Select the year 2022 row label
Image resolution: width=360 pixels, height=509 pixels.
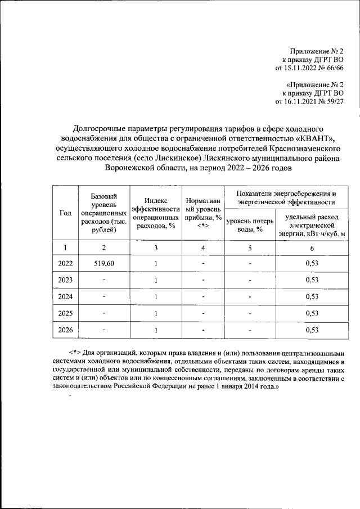click(65, 263)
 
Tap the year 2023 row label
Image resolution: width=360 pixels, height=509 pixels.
click(65, 280)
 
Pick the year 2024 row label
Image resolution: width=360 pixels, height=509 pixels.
click(65, 296)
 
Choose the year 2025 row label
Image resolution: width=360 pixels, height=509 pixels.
click(65, 313)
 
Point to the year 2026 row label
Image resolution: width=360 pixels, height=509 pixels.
click(65, 330)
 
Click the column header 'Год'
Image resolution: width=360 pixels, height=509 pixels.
click(65, 213)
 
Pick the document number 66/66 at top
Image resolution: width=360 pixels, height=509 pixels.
click(332, 68)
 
